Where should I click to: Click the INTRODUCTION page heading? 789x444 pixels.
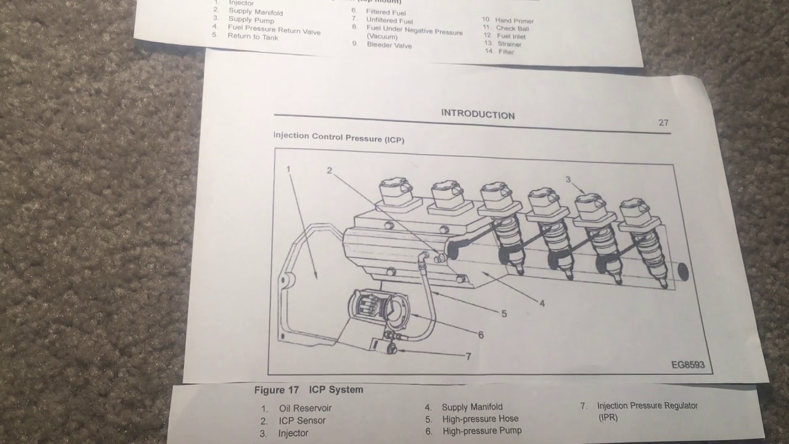478,115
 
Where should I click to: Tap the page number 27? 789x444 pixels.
663,123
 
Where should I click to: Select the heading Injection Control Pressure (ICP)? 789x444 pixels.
338,138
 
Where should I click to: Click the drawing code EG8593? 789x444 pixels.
687,365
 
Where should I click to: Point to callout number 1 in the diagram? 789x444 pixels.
288,169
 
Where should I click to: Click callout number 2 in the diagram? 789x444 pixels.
329,171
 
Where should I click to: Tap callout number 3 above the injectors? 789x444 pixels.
568,179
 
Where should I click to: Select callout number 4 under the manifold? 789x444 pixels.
542,303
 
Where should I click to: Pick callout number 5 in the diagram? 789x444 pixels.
504,314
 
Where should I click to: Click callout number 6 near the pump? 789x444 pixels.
481,335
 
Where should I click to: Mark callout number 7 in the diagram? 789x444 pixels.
468,356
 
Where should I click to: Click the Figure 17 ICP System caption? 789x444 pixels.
309,390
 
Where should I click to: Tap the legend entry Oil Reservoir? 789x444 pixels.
305,408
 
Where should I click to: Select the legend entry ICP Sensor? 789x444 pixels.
301,421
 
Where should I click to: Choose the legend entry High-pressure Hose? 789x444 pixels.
480,419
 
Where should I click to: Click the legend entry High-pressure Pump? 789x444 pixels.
481,431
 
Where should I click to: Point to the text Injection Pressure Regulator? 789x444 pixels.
647,406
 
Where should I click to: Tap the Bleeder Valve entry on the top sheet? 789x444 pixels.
389,45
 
